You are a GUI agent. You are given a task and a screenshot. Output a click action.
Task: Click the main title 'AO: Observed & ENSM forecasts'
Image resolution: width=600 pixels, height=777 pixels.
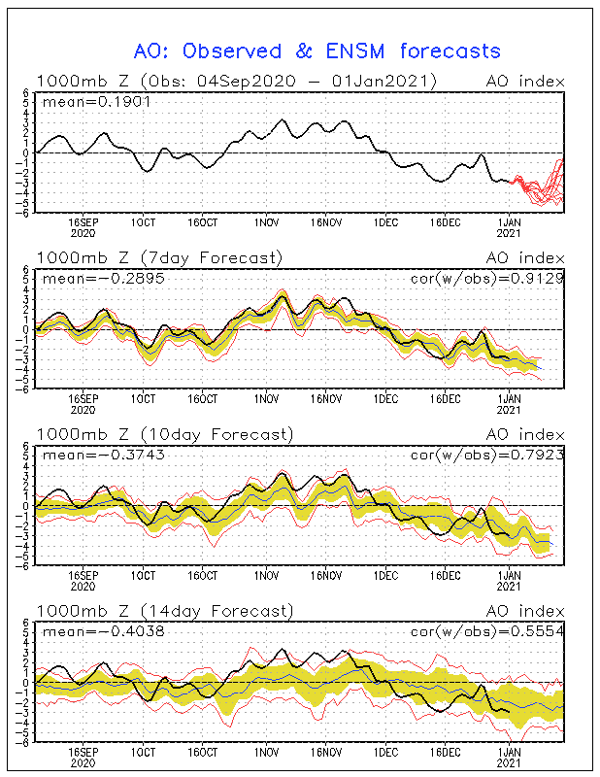click(x=317, y=51)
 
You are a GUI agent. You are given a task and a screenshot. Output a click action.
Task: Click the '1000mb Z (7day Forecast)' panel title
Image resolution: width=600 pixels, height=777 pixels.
click(x=159, y=257)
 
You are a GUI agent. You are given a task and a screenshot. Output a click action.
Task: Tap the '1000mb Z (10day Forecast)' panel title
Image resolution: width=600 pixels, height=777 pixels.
click(x=163, y=434)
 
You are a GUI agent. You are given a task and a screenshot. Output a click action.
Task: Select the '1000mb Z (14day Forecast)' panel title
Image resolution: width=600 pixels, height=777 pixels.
click(x=163, y=611)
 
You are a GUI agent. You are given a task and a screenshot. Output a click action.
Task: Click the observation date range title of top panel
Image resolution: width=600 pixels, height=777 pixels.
click(x=237, y=81)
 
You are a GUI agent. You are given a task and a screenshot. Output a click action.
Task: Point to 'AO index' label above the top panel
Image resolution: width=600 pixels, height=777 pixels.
click(x=524, y=81)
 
